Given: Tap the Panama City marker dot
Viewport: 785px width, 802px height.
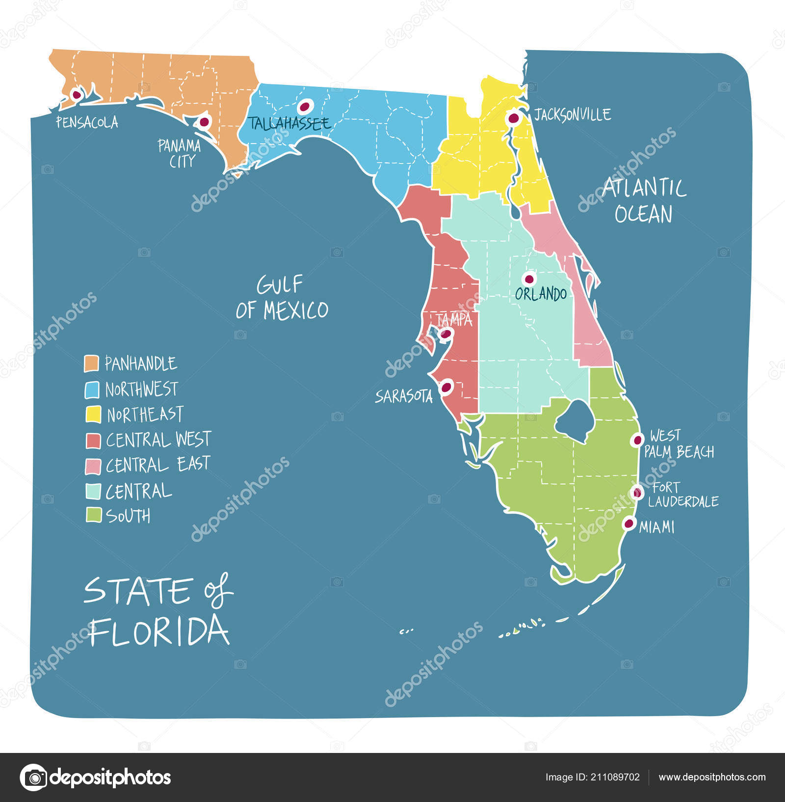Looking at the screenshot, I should point(204,122).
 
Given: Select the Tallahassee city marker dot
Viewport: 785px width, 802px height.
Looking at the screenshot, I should point(305,106).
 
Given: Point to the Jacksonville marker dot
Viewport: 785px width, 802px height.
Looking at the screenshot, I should point(513,118).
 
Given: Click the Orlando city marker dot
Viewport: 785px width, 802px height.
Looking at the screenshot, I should point(529,280).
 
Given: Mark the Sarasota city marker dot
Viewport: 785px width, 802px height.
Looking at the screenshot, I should point(446,387).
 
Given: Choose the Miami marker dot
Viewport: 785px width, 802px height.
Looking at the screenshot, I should point(628,523).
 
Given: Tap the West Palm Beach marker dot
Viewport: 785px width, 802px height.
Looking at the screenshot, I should point(637,440).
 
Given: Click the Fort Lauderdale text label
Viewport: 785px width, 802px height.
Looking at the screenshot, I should point(683,494).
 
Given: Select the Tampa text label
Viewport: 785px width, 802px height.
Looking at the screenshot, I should point(454,320).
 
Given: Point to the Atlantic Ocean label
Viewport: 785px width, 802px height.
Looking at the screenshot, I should point(644,201).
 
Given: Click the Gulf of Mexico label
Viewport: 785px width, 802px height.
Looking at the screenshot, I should point(282,298).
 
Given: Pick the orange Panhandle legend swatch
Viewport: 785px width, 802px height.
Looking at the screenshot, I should point(92,363).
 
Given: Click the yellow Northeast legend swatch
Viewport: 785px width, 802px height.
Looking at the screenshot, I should point(93,414).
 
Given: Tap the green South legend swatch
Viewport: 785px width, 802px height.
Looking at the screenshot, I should point(93,515).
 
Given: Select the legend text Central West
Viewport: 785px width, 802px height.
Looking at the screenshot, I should point(158,440).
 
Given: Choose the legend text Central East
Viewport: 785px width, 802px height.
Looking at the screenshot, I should point(158,465).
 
